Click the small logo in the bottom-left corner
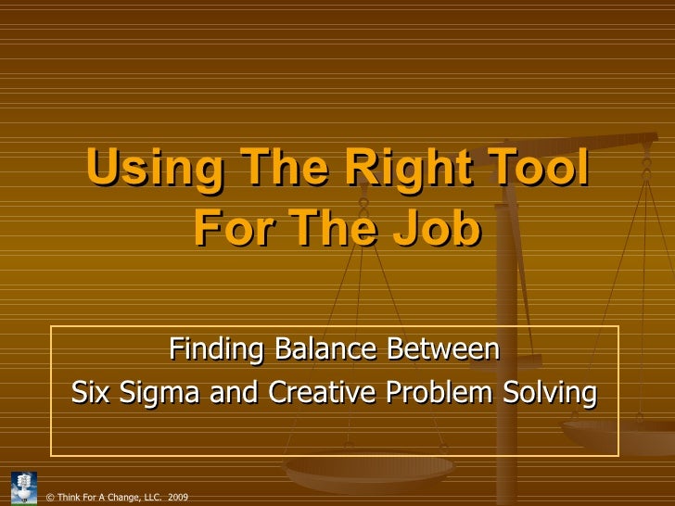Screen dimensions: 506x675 tap(22, 487)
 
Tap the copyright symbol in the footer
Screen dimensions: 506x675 tap(49, 498)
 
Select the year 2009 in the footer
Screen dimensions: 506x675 tap(178, 498)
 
